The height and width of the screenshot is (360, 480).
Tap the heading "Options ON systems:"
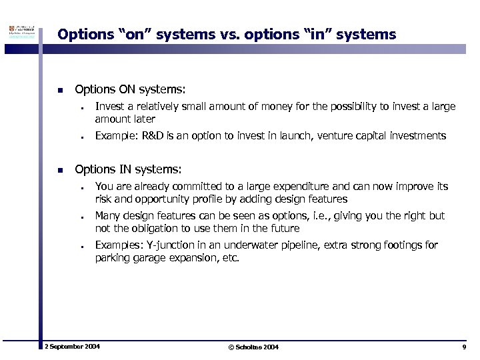coord(131,89)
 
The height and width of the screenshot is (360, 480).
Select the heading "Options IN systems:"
coord(128,169)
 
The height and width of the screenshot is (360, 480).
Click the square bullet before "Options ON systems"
coord(60,90)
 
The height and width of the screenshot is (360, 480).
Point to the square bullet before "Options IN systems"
coord(60,170)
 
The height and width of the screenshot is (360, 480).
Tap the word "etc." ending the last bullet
coord(228,258)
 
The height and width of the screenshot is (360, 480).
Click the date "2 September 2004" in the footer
coord(72,347)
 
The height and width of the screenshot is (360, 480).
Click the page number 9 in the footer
coord(463,348)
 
